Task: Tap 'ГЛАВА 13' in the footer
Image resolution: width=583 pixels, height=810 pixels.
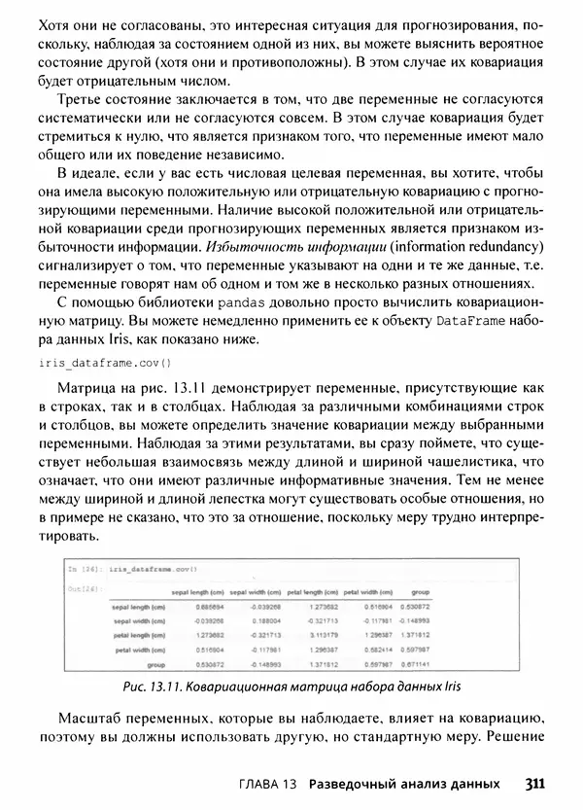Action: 269,784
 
